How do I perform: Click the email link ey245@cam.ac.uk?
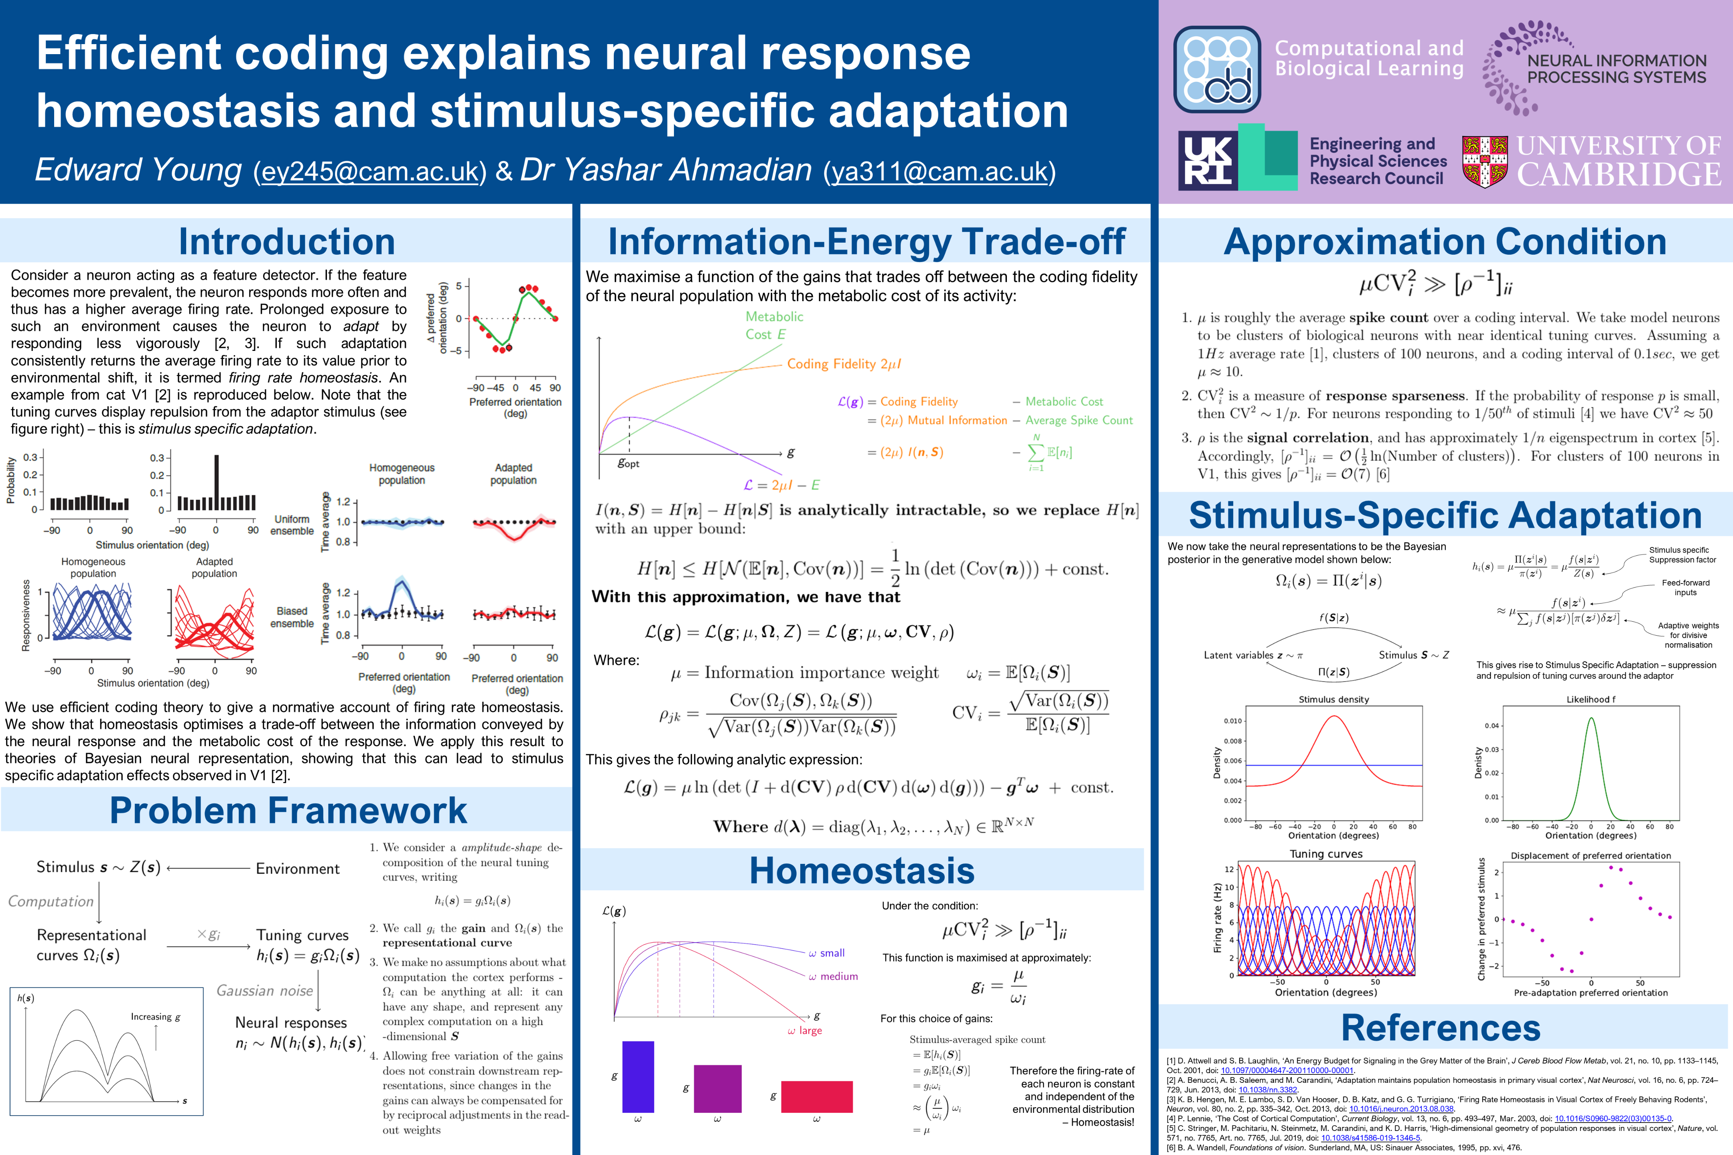[370, 172]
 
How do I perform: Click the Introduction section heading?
[286, 241]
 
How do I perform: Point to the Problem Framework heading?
[288, 810]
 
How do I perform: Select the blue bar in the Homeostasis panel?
[638, 1076]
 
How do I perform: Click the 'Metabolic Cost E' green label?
[774, 325]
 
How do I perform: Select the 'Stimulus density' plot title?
[1333, 699]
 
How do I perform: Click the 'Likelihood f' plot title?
[1591, 699]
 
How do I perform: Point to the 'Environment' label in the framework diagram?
[298, 869]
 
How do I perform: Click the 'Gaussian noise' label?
[264, 991]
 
